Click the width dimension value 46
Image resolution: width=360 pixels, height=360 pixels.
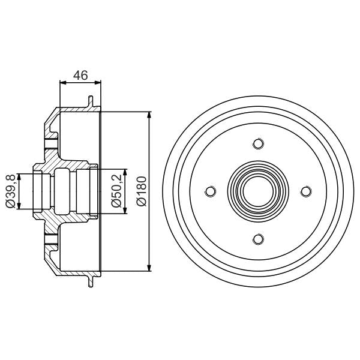80,75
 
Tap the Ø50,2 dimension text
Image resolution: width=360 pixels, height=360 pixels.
118,191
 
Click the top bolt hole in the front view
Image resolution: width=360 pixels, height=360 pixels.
258,143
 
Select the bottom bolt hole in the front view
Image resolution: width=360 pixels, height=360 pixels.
258,239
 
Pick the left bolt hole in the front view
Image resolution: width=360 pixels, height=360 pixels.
210,191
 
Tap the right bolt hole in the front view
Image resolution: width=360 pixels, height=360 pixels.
306,191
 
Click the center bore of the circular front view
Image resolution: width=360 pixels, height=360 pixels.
258,191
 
